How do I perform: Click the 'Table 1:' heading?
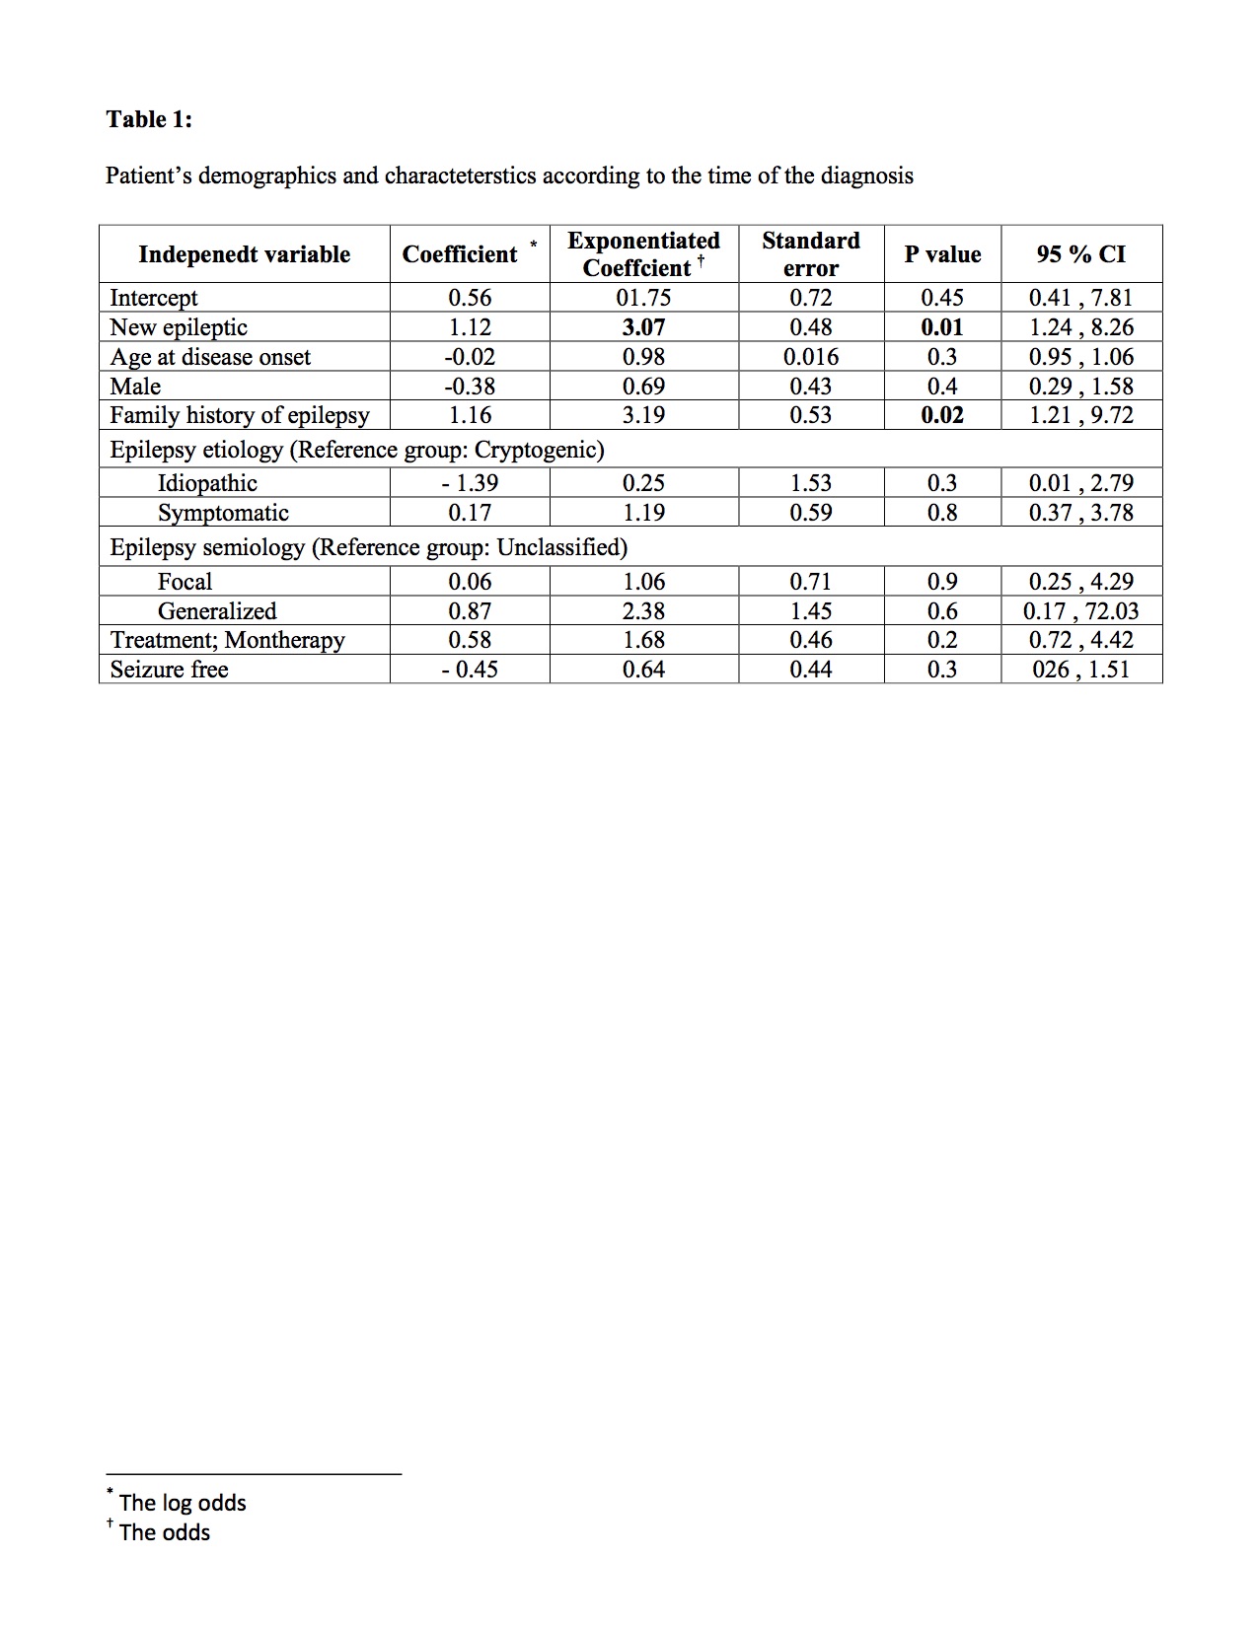click(x=149, y=119)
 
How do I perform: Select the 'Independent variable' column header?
click(x=244, y=254)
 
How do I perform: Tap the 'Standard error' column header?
click(x=810, y=254)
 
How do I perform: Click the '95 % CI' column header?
click(x=1080, y=254)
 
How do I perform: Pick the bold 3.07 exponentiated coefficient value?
click(x=643, y=327)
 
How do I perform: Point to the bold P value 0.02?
click(x=941, y=415)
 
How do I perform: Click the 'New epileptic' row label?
click(x=179, y=327)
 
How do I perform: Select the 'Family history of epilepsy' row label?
click(x=240, y=415)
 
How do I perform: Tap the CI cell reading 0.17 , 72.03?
click(x=1080, y=611)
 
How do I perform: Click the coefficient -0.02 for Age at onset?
click(x=469, y=357)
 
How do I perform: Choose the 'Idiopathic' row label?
click(x=207, y=483)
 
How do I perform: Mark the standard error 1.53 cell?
click(x=810, y=483)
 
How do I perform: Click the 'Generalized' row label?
click(x=217, y=611)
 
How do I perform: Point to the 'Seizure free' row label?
click(x=169, y=670)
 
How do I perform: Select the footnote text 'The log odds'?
click(x=183, y=1503)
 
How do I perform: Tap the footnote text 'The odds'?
click(x=165, y=1532)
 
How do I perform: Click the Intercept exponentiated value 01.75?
click(x=643, y=298)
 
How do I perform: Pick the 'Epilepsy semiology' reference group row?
click(x=369, y=547)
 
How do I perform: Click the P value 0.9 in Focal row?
click(x=941, y=582)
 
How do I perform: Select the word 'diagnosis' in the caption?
click(x=864, y=177)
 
